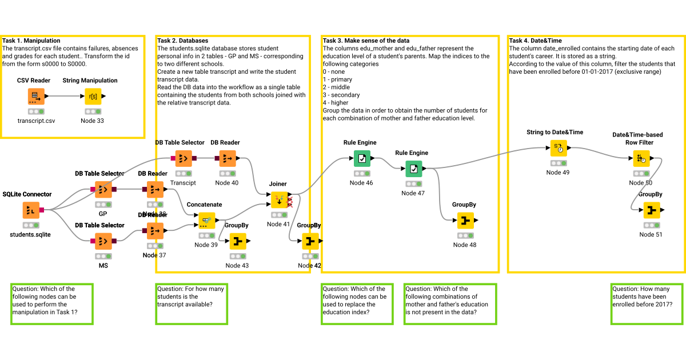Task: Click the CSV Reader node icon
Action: [36, 96]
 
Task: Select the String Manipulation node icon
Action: [93, 96]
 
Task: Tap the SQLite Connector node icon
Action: [31, 210]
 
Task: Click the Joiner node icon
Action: [280, 200]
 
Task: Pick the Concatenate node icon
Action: [207, 221]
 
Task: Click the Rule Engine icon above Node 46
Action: [362, 158]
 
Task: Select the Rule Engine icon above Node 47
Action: [413, 169]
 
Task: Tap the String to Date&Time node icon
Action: [559, 148]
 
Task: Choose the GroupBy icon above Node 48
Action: [465, 221]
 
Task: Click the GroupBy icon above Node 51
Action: [651, 210]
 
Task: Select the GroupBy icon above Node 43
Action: [238, 242]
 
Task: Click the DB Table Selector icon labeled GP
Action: [103, 189]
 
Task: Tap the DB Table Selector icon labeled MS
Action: [103, 241]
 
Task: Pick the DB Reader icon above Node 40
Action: [228, 158]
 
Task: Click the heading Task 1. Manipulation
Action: [31, 41]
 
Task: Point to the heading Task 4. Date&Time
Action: [535, 41]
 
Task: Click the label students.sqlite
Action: [30, 234]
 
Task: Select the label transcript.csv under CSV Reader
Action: [36, 121]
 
